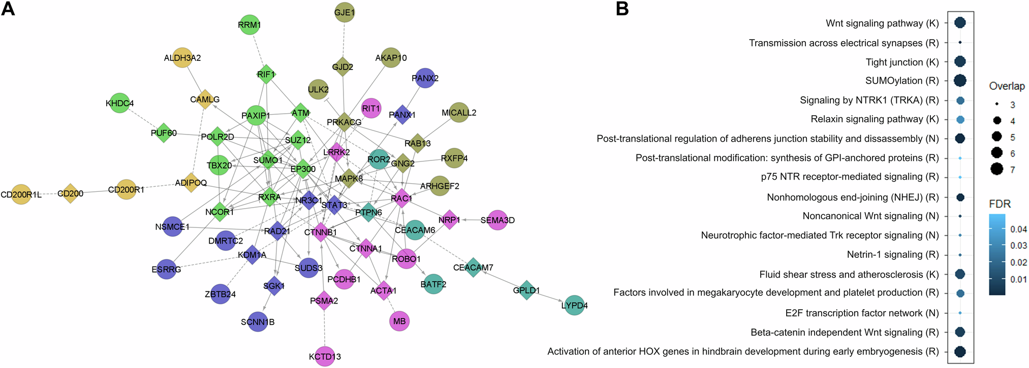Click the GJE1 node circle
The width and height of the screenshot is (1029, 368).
pyautogui.click(x=345, y=12)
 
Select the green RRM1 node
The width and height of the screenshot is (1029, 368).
pyautogui.click(x=249, y=25)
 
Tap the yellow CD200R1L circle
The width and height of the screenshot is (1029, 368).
pyautogui.click(x=21, y=194)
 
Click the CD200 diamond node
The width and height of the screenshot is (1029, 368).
pyautogui.click(x=70, y=193)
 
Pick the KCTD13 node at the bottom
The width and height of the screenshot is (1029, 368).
pyautogui.click(x=325, y=356)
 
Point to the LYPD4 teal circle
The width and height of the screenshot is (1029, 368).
pyautogui.click(x=574, y=306)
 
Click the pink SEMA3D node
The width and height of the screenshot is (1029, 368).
pyautogui.click(x=497, y=220)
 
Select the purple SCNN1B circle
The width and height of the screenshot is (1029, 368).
pyautogui.click(x=258, y=322)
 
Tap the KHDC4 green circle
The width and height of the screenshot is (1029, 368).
pyautogui.click(x=120, y=103)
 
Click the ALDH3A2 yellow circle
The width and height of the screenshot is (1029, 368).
pyautogui.click(x=182, y=58)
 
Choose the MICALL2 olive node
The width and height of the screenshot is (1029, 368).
pyautogui.click(x=459, y=113)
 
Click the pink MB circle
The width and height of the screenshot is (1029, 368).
pyautogui.click(x=399, y=321)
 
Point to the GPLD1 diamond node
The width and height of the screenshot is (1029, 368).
pyautogui.click(x=526, y=290)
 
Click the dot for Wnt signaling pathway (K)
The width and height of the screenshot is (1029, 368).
pyautogui.click(x=960, y=23)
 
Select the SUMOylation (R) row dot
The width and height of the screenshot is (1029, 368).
pyautogui.click(x=960, y=81)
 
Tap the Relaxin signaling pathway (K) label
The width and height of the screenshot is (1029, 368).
pyautogui.click(x=875, y=119)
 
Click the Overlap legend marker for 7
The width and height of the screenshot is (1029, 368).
pyautogui.click(x=996, y=170)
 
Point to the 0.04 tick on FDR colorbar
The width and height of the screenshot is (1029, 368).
pyautogui.click(x=1018, y=229)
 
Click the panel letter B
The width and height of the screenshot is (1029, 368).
pyautogui.click(x=622, y=9)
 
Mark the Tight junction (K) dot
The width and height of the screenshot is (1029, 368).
pyautogui.click(x=960, y=62)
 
